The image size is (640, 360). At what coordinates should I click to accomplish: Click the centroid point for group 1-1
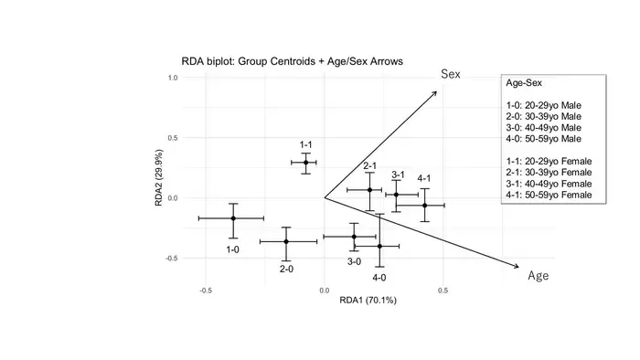pyautogui.click(x=305, y=163)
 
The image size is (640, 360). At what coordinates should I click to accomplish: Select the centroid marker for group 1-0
pyautogui.click(x=233, y=218)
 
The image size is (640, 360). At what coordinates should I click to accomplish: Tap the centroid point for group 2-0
pyautogui.click(x=286, y=242)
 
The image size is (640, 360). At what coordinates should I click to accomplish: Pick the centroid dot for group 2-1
pyautogui.click(x=369, y=190)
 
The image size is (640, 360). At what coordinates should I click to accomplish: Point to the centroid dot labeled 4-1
pyautogui.click(x=425, y=206)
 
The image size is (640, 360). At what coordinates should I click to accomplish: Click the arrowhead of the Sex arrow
pyautogui.click(x=435, y=93)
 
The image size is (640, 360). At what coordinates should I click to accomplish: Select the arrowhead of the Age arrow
pyautogui.click(x=517, y=267)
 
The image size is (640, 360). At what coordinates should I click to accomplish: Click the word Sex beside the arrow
pyautogui.click(x=451, y=74)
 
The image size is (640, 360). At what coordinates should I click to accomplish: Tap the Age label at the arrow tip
pyautogui.click(x=539, y=276)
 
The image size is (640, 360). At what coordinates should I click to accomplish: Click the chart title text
pyautogui.click(x=293, y=61)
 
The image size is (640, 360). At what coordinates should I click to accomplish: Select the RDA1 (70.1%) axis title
pyautogui.click(x=368, y=301)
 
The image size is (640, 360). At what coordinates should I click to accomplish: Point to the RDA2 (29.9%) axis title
pyautogui.click(x=159, y=178)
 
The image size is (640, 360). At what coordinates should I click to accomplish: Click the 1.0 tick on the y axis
pyautogui.click(x=173, y=78)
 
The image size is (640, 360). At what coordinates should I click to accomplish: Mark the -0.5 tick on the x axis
pyautogui.click(x=206, y=291)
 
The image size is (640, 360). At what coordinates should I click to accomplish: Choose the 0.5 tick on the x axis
pyautogui.click(x=443, y=291)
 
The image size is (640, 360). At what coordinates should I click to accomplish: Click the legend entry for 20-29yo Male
pyautogui.click(x=544, y=105)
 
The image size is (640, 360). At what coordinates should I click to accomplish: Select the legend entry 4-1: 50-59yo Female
pyautogui.click(x=549, y=195)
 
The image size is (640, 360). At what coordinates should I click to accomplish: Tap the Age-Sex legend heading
pyautogui.click(x=524, y=83)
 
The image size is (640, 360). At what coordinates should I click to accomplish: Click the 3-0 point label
pyautogui.click(x=355, y=261)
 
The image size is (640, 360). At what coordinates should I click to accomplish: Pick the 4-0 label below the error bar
pyautogui.click(x=379, y=278)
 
